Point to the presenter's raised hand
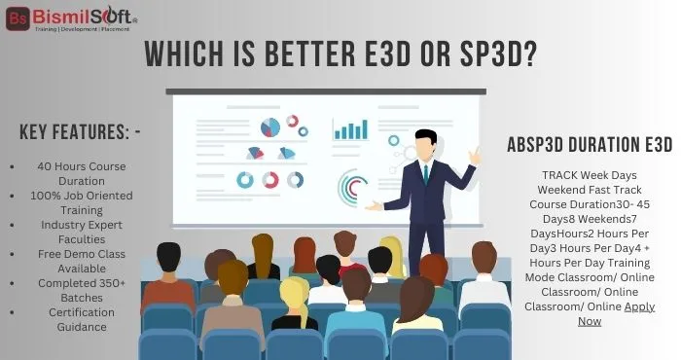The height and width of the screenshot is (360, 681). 474,156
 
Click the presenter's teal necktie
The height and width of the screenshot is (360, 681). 425,173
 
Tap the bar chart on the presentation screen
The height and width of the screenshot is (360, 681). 350,129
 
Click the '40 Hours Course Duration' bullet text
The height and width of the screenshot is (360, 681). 81,173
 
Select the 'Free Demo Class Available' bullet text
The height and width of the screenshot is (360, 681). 81,260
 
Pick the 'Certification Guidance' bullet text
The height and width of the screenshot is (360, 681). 81,319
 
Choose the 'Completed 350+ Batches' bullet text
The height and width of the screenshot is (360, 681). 81,289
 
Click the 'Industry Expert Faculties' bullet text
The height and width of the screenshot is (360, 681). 81,231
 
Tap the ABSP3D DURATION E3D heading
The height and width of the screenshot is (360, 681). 590,145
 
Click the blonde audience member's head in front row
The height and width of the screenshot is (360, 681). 294,291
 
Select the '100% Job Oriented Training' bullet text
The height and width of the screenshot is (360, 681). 81,201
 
